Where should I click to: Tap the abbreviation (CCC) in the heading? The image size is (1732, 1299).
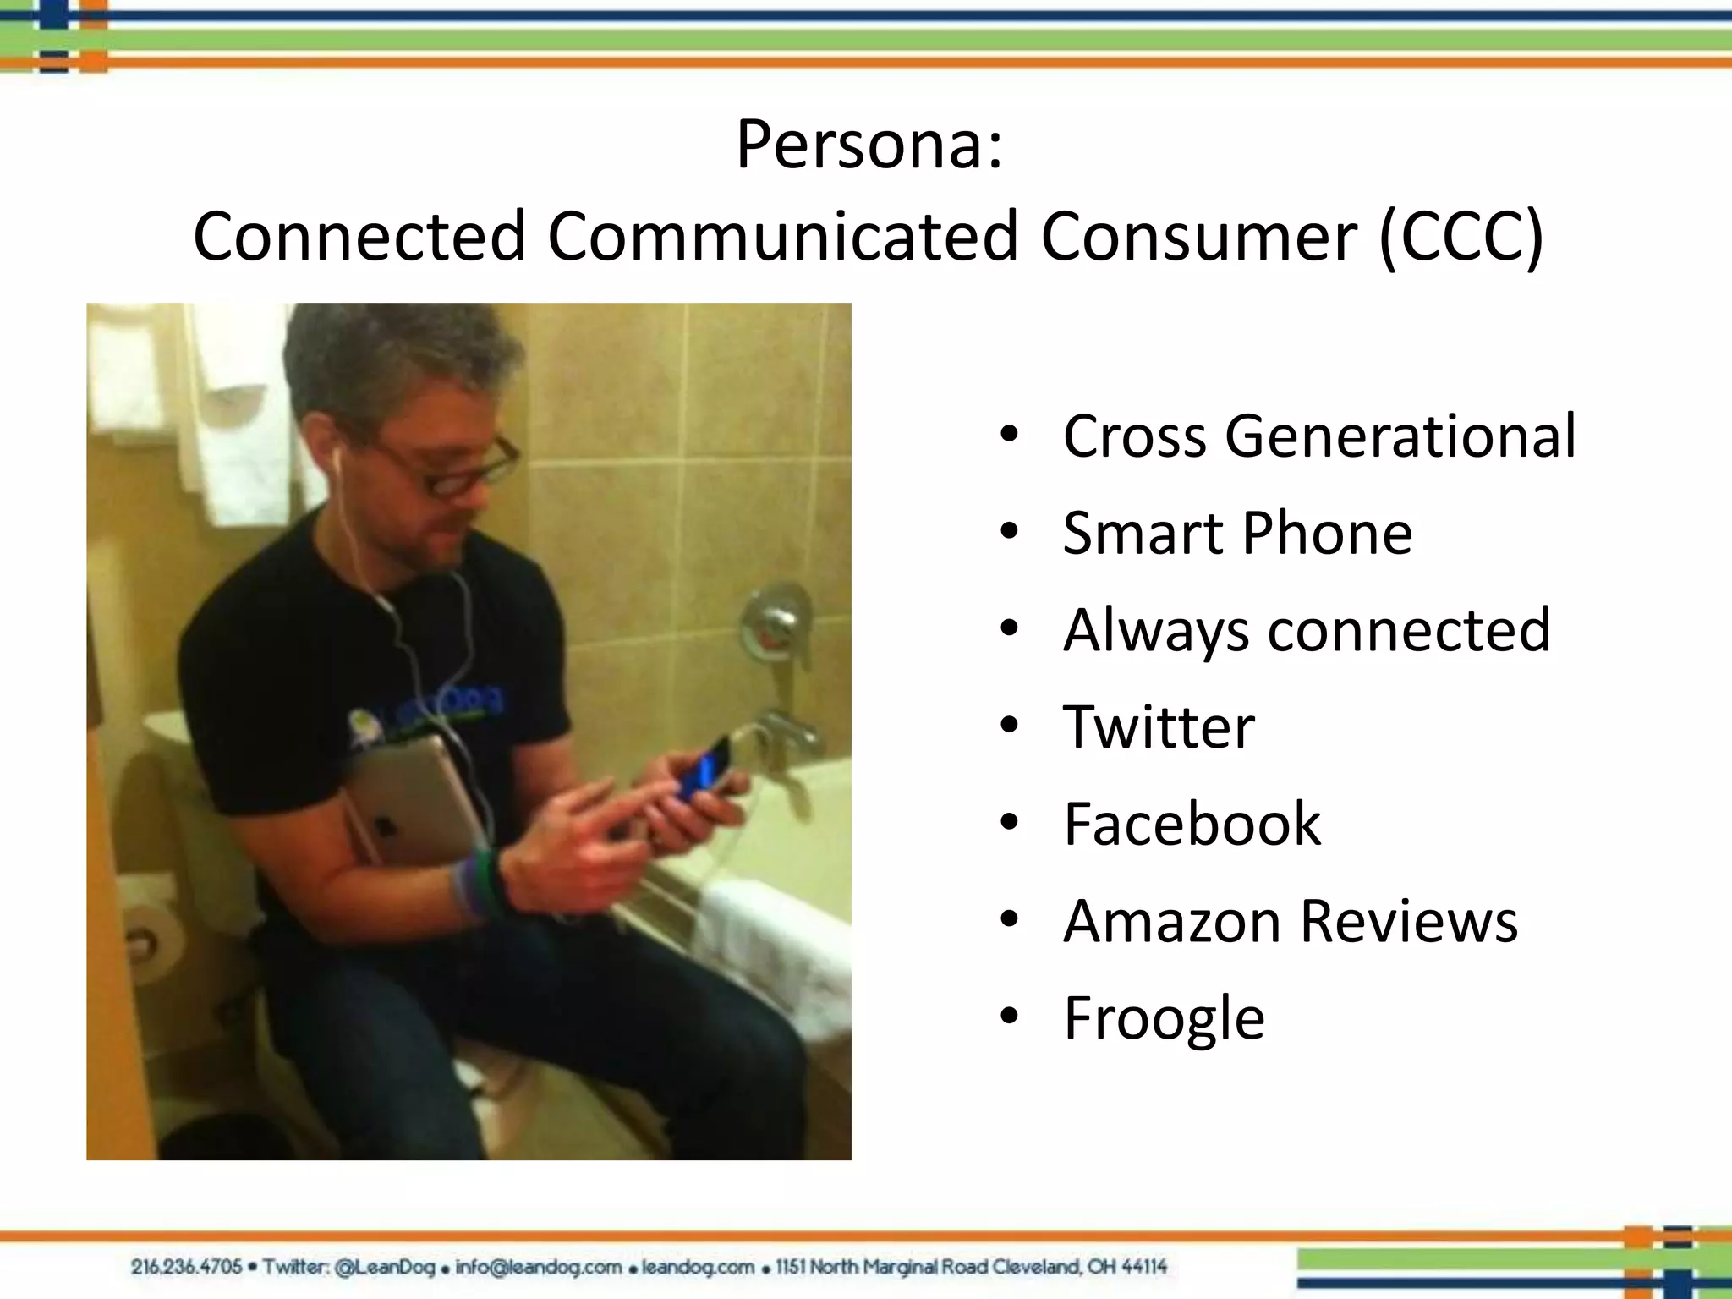tap(1461, 238)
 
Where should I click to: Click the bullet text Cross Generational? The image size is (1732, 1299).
tap(1318, 436)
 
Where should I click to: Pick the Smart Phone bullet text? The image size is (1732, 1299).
tap(1236, 534)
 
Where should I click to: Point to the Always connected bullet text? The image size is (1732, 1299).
tap(1307, 630)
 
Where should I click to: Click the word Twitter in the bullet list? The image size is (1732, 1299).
tap(1159, 727)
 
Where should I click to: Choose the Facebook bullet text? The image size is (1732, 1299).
tap(1192, 824)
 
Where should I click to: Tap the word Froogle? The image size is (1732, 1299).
tap(1164, 1018)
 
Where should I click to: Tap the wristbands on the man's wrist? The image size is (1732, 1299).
tap(478, 884)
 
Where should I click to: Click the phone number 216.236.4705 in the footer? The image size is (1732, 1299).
tap(186, 1267)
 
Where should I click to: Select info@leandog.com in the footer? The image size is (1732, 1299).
tap(538, 1267)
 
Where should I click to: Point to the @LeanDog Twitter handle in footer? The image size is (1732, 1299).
tap(385, 1267)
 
